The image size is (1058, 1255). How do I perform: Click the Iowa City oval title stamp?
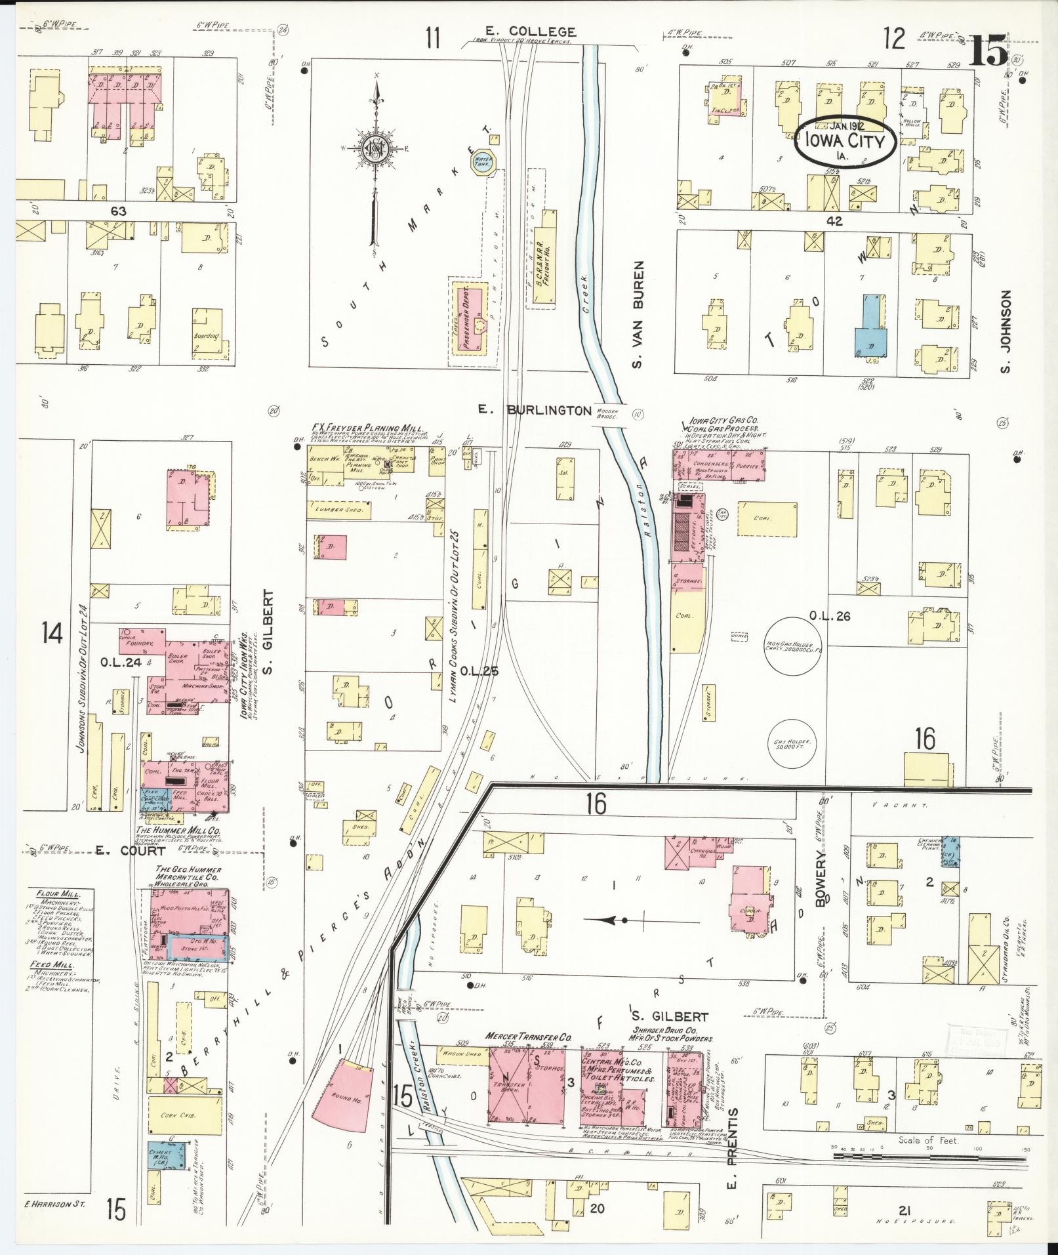click(845, 143)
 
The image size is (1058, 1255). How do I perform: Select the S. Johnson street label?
click(1006, 333)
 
